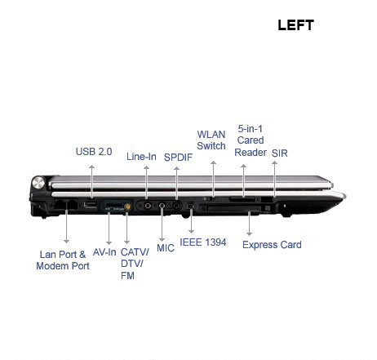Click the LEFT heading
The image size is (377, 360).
(295, 25)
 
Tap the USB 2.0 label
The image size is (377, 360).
(94, 152)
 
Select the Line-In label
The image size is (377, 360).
(141, 157)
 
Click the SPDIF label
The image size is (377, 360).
(178, 158)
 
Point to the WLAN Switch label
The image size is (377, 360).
(211, 140)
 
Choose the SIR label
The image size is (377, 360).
(280, 153)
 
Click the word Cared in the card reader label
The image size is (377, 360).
(251, 140)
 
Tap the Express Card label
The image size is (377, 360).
(272, 245)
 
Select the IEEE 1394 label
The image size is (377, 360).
(203, 242)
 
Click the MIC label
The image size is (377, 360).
(166, 248)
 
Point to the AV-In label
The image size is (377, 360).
(104, 252)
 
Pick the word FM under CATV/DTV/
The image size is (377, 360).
(127, 276)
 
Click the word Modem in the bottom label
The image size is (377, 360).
(51, 266)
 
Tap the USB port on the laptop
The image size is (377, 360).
(91, 204)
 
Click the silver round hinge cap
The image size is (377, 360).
(38, 182)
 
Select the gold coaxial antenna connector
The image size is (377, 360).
(127, 207)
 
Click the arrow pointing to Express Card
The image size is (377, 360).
(249, 223)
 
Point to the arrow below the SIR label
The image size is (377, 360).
(275, 179)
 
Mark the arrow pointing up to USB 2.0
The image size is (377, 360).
(92, 181)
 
